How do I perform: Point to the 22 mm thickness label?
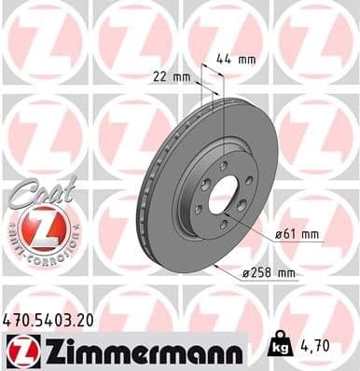pos(170,77)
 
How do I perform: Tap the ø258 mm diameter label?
pos(270,273)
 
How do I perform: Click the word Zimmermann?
pos(138,350)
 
